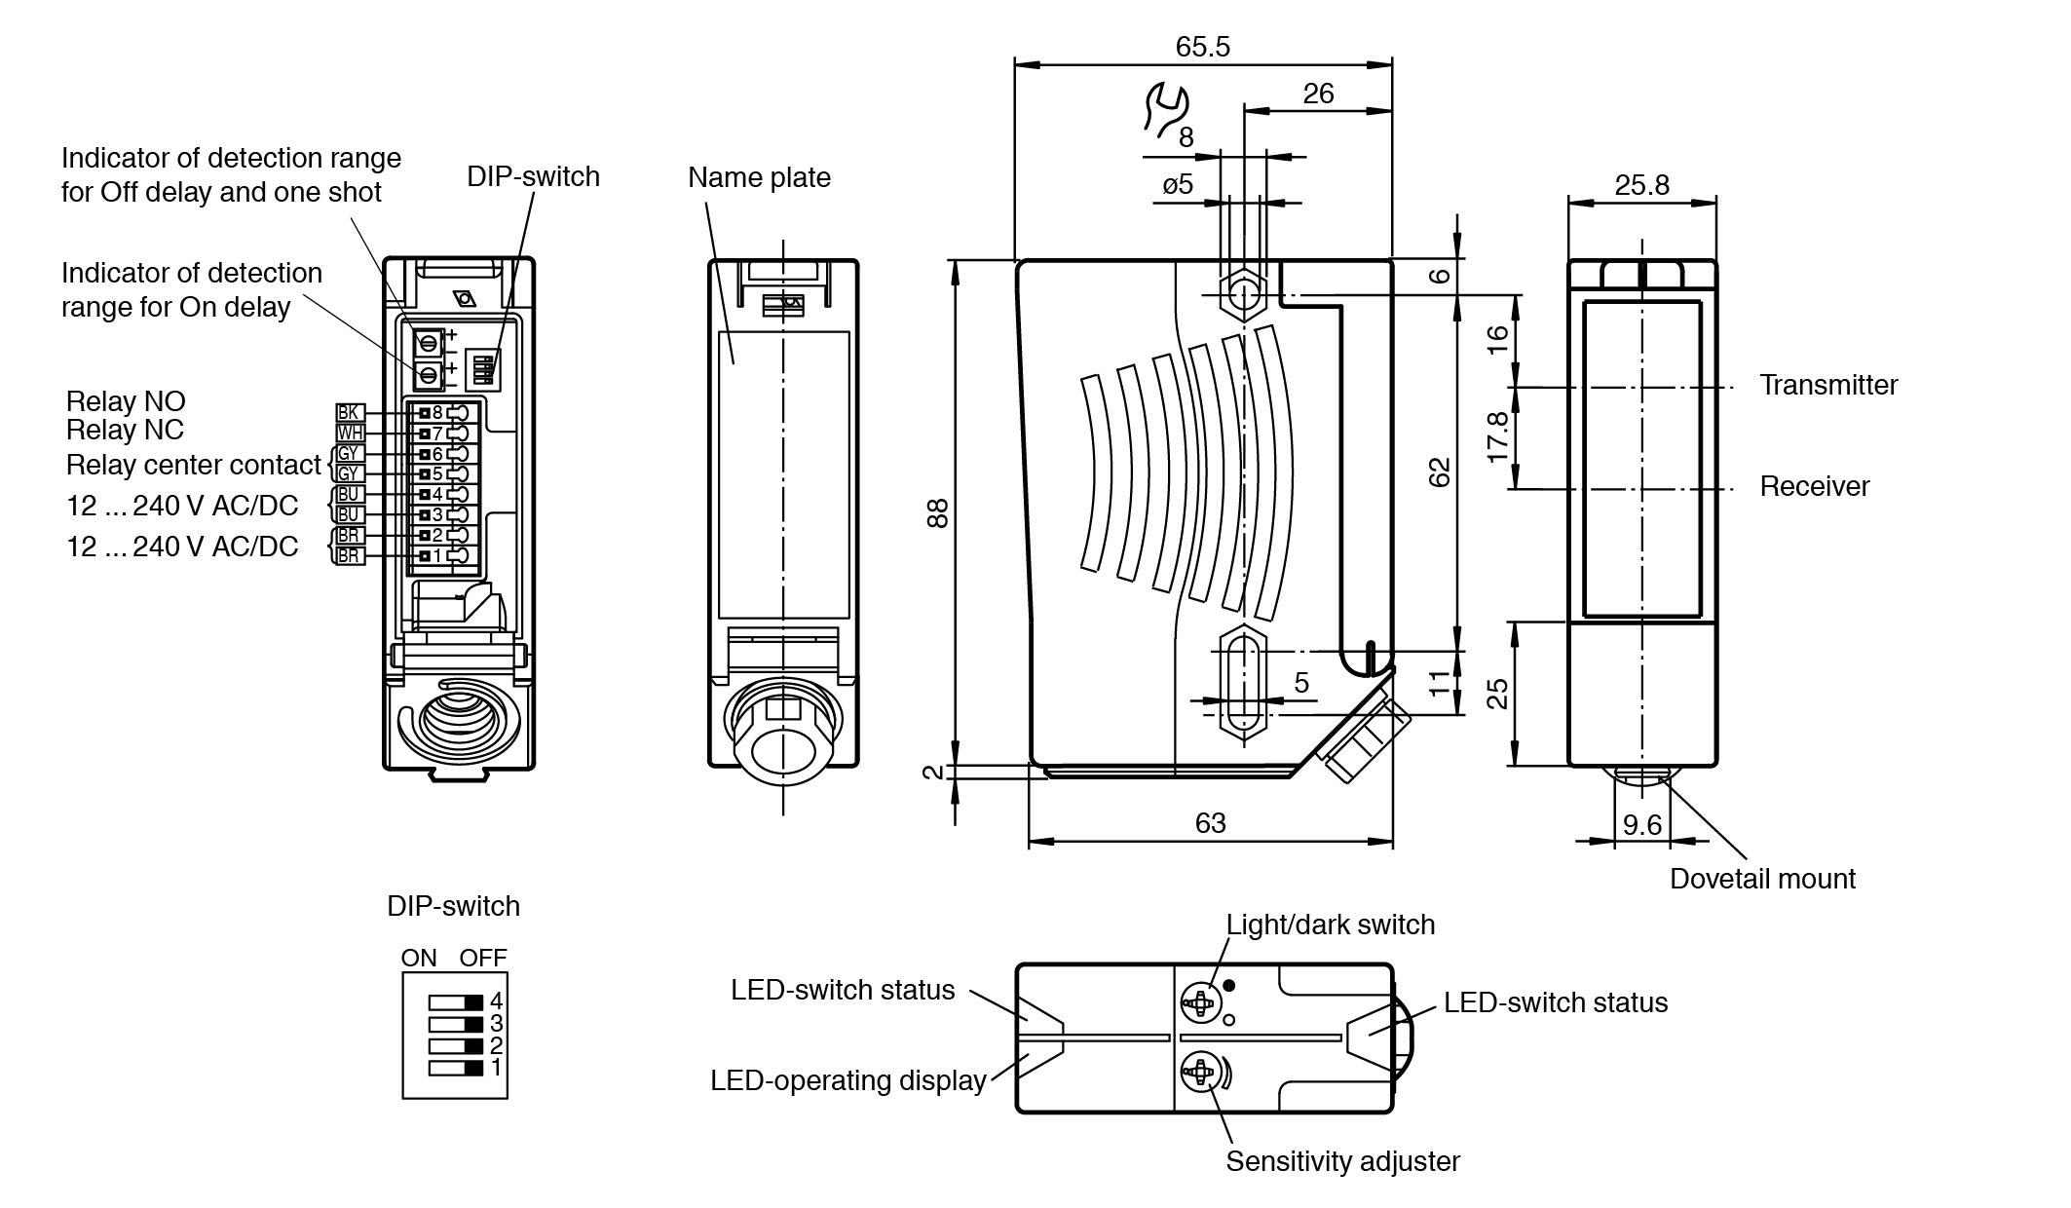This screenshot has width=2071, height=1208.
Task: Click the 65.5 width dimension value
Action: coord(1202,47)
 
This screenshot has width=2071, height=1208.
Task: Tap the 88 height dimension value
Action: coord(937,513)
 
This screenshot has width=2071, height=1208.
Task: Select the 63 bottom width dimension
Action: coord(1210,823)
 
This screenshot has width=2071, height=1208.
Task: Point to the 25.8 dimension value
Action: coord(1641,185)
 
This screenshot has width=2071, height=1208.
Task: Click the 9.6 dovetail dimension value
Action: coord(1641,825)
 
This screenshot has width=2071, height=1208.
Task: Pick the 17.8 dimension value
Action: coord(1498,436)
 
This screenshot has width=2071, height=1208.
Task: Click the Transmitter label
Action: coord(1827,385)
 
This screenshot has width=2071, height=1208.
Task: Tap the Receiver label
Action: coord(1814,486)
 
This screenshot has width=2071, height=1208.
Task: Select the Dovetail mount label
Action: coord(1761,879)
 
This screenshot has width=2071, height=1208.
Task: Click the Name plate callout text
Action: coord(759,177)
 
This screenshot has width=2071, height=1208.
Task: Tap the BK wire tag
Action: coord(349,413)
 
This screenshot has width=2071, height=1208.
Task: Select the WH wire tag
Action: coord(349,434)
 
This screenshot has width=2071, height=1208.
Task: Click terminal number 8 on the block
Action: coord(437,412)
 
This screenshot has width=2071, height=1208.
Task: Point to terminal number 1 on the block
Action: coord(437,555)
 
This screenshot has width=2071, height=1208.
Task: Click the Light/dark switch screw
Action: coord(1200,1000)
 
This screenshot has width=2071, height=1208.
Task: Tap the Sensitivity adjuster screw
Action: coord(1200,1073)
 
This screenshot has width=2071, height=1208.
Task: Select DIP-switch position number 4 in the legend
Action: coord(496,1000)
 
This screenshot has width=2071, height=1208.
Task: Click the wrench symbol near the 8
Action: coord(1165,109)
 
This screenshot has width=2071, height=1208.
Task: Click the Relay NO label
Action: coord(126,401)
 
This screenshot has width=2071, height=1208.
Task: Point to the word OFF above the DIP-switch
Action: coord(483,958)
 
